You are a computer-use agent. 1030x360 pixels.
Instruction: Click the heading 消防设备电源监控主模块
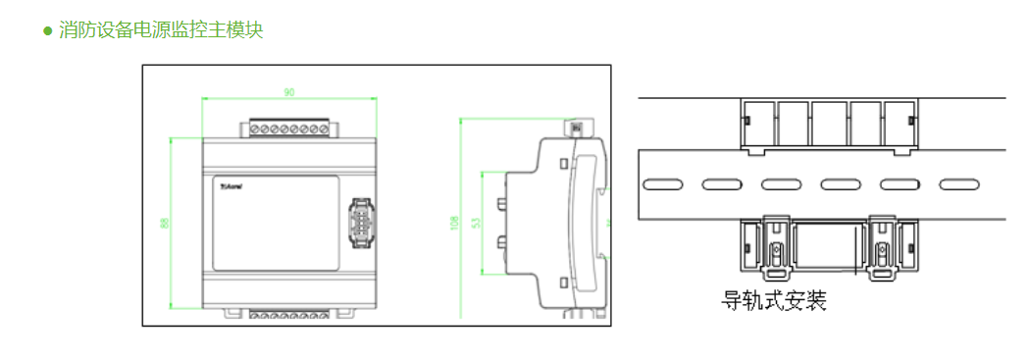click(161, 30)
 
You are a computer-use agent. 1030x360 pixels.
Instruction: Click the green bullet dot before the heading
click(47, 30)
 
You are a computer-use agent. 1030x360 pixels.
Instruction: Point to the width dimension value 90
click(289, 92)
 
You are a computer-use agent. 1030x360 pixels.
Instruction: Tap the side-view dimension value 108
click(454, 224)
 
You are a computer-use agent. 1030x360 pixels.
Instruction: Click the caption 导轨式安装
click(774, 300)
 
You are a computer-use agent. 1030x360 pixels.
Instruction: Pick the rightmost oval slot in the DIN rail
click(959, 183)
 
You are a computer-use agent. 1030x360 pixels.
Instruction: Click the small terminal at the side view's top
click(575, 128)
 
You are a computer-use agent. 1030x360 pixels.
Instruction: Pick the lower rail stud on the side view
click(500, 241)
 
